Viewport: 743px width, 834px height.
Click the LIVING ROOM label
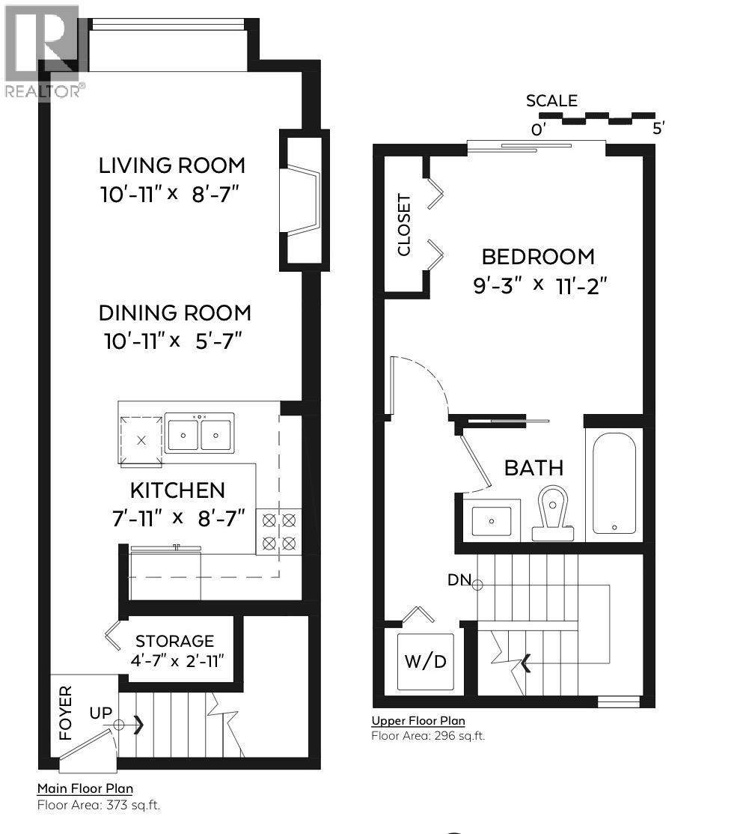(x=172, y=165)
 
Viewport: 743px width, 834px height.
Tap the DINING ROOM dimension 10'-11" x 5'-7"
(x=172, y=341)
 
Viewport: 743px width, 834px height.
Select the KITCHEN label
(x=177, y=490)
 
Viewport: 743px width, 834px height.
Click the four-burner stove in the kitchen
(x=278, y=532)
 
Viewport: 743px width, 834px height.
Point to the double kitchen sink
(x=199, y=433)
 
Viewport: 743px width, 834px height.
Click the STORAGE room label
(x=174, y=641)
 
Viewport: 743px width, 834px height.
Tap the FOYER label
(x=67, y=713)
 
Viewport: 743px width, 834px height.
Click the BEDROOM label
(x=537, y=257)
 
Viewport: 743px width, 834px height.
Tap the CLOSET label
(x=404, y=225)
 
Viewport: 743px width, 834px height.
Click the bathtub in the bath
(x=614, y=484)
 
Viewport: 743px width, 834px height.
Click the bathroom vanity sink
(x=491, y=519)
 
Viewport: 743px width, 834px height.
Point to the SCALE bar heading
(x=551, y=101)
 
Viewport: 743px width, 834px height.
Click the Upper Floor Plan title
(x=418, y=721)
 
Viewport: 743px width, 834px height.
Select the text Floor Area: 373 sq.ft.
(x=98, y=806)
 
